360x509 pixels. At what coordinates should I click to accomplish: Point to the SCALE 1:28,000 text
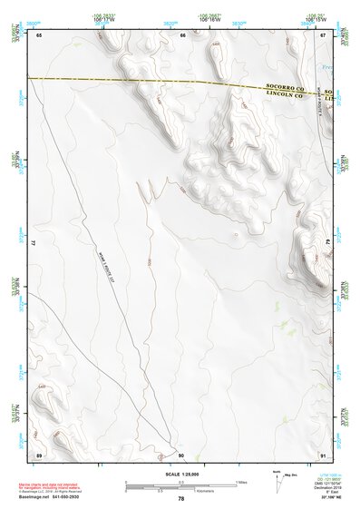pyautogui.click(x=180, y=475)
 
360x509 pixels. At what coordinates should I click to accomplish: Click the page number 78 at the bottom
pyautogui.click(x=180, y=498)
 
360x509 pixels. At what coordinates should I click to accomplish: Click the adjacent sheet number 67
pyautogui.click(x=322, y=35)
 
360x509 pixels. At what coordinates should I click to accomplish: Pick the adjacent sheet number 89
pyautogui.click(x=39, y=454)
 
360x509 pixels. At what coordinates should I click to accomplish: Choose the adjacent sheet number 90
pyautogui.click(x=180, y=454)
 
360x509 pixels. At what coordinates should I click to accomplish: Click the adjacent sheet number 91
pyautogui.click(x=322, y=454)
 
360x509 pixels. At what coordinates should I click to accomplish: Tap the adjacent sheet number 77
pyautogui.click(x=34, y=245)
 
